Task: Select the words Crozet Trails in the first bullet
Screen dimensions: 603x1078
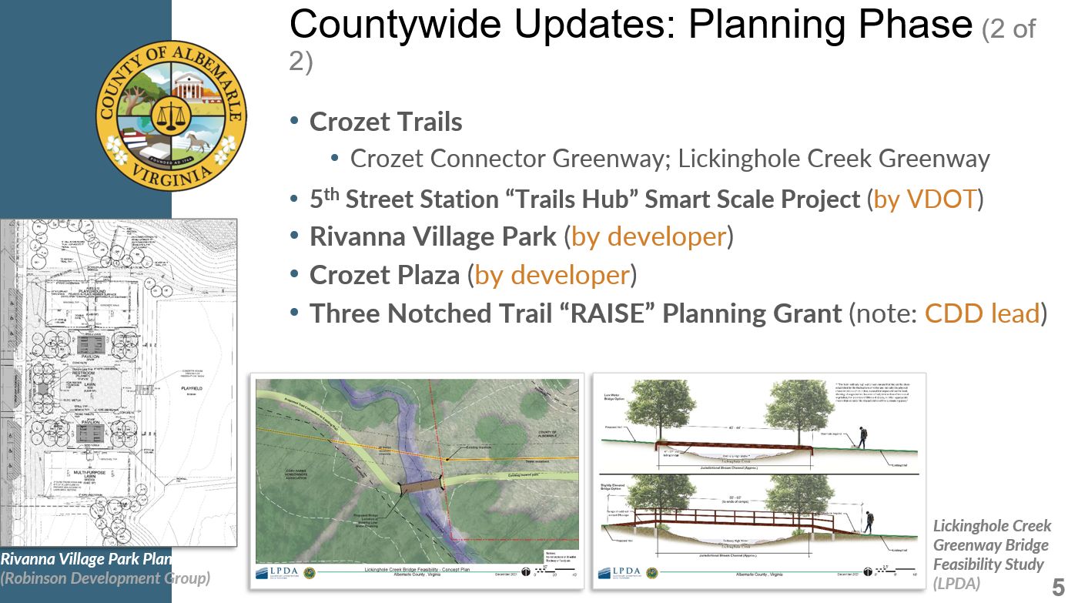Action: pyautogui.click(x=386, y=122)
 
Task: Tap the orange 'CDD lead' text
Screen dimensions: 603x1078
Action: pyautogui.click(x=982, y=313)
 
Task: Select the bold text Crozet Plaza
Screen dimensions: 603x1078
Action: pyautogui.click(x=384, y=275)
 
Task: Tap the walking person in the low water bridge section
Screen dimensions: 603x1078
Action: pyautogui.click(x=862, y=437)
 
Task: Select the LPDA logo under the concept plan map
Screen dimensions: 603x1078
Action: pyautogui.click(x=275, y=572)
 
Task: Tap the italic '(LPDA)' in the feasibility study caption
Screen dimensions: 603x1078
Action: pyautogui.click(x=956, y=583)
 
